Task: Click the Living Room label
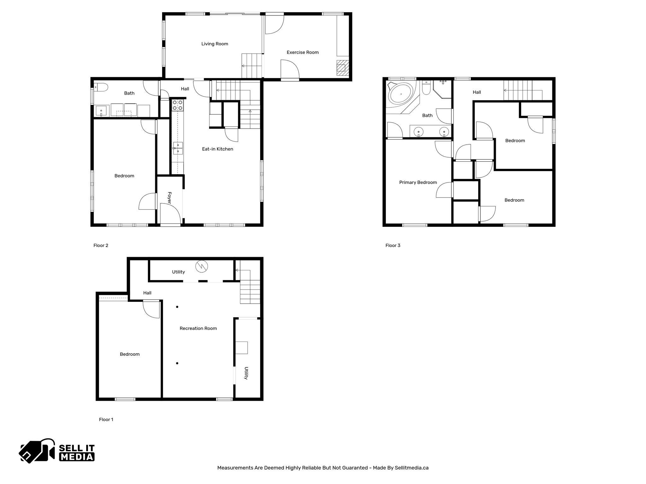click(214, 44)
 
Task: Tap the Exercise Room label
click(302, 52)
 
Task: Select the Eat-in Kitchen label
click(217, 149)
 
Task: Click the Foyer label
click(169, 198)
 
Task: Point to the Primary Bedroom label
click(418, 182)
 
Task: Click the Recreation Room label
click(198, 328)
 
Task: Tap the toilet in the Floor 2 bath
click(102, 87)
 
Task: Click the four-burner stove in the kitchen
click(178, 105)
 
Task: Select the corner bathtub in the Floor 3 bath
click(400, 94)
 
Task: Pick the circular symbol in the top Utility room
click(202, 266)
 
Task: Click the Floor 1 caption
click(106, 419)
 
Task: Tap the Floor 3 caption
click(393, 245)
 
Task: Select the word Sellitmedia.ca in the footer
click(411, 468)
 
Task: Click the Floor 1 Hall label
click(147, 293)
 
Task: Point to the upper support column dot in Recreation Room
click(177, 307)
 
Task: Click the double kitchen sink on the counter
click(178, 148)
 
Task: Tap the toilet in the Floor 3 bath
click(426, 89)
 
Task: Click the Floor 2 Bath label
click(129, 93)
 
